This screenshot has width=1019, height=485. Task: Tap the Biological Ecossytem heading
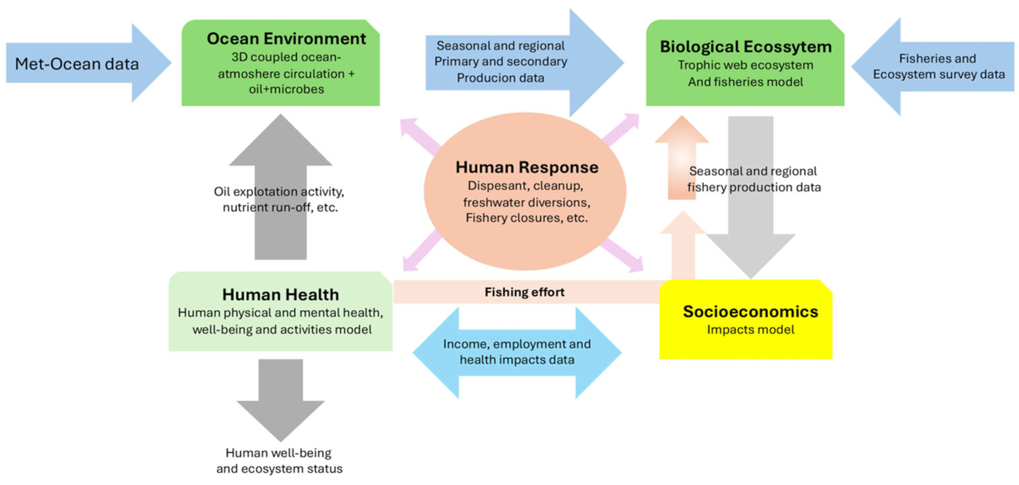point(745,47)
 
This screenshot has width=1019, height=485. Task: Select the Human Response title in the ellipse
point(527,167)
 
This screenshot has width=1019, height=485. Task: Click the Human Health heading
point(281,295)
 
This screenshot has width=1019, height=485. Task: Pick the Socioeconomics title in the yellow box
point(750,312)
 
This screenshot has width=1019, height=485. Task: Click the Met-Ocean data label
point(77,64)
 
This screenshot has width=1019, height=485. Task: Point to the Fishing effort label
point(525,292)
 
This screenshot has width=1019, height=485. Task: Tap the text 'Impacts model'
point(750,329)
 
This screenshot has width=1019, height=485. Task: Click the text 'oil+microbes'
point(286,89)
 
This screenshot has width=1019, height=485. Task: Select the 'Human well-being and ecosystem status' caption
point(279,461)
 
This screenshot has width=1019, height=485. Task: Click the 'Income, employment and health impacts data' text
point(517,352)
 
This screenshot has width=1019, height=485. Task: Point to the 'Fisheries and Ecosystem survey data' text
point(938,66)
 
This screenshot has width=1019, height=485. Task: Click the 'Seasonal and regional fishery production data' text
point(754,179)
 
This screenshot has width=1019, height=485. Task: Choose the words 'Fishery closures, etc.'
point(526,218)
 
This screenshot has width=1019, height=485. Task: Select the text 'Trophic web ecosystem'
point(745,65)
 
